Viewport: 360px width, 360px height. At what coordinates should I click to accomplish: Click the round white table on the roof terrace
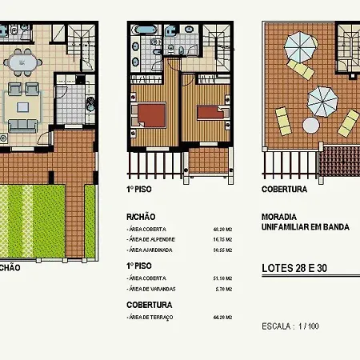click(310, 125)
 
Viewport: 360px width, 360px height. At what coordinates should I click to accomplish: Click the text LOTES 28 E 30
click(299, 269)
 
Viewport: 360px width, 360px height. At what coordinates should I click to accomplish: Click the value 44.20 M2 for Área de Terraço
click(222, 318)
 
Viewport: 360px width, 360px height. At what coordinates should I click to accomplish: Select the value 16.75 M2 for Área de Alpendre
click(222, 239)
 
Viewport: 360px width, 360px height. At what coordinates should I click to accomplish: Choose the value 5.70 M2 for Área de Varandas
click(222, 289)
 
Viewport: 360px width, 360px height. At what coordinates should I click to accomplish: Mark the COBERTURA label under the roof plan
click(285, 190)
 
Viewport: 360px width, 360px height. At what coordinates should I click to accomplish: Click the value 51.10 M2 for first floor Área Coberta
click(222, 278)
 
